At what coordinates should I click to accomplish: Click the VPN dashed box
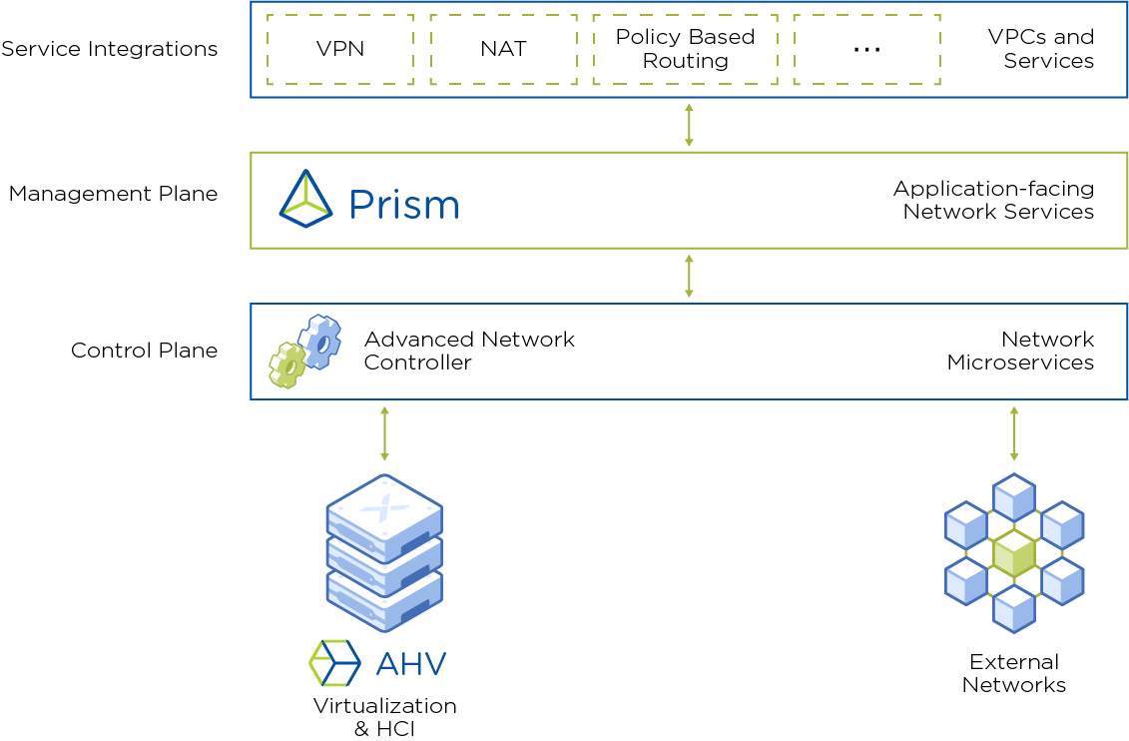point(340,49)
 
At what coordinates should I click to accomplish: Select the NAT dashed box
point(503,49)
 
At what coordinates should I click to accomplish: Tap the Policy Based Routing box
point(685,49)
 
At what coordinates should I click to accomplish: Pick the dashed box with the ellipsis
point(866,49)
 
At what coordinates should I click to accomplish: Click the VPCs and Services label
point(1041,49)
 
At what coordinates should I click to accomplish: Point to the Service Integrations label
point(110,49)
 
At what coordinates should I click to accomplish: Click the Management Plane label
point(113,194)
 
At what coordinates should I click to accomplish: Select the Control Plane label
point(144,351)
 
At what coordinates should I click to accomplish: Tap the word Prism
point(404,205)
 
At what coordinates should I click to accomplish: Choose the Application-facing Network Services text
point(993,200)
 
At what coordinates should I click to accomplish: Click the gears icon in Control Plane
point(304,351)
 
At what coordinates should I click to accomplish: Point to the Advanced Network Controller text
point(469,351)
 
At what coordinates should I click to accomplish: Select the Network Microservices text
point(1020,351)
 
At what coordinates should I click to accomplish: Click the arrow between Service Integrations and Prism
point(689,125)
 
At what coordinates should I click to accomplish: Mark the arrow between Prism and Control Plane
point(689,276)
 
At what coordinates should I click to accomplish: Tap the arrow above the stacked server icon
point(384,434)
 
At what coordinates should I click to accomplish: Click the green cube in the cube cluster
point(1014,554)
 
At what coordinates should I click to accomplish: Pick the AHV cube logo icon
point(334,662)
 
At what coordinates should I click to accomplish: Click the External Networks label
point(1014,673)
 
